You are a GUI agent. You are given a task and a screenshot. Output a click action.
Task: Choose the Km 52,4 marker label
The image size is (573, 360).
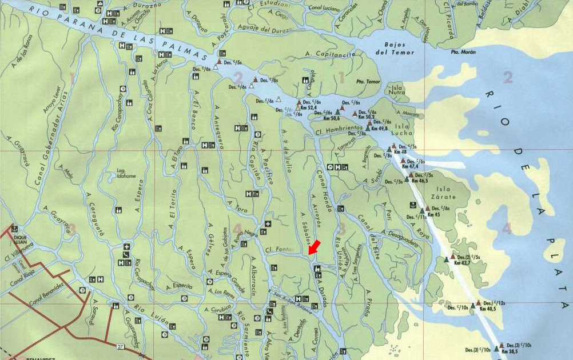point(308,107)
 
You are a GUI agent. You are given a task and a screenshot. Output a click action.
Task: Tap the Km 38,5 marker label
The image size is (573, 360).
point(509,351)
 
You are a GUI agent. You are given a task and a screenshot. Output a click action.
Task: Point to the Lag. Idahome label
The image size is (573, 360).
point(126,173)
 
